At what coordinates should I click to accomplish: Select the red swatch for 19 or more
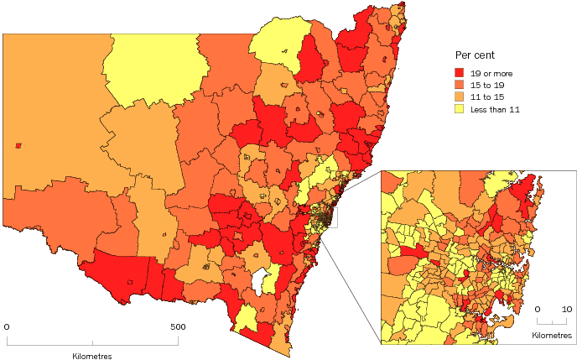pos(460,73)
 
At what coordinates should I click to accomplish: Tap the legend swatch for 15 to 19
pos(460,85)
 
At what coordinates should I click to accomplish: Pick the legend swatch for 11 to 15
pos(460,97)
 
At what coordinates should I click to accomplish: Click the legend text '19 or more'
pos(491,73)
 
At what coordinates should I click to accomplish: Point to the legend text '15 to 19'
pos(487,85)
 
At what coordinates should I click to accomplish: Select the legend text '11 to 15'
pos(487,97)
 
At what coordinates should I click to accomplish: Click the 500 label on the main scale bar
pos(177,326)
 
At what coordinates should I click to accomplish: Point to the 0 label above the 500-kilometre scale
pos(7,326)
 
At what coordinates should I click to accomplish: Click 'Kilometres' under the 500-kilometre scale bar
pos(91,356)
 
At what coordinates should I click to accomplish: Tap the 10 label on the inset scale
pos(567,309)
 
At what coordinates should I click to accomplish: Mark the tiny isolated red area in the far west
pos(18,145)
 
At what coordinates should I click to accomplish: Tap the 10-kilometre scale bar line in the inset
pos(553,322)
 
